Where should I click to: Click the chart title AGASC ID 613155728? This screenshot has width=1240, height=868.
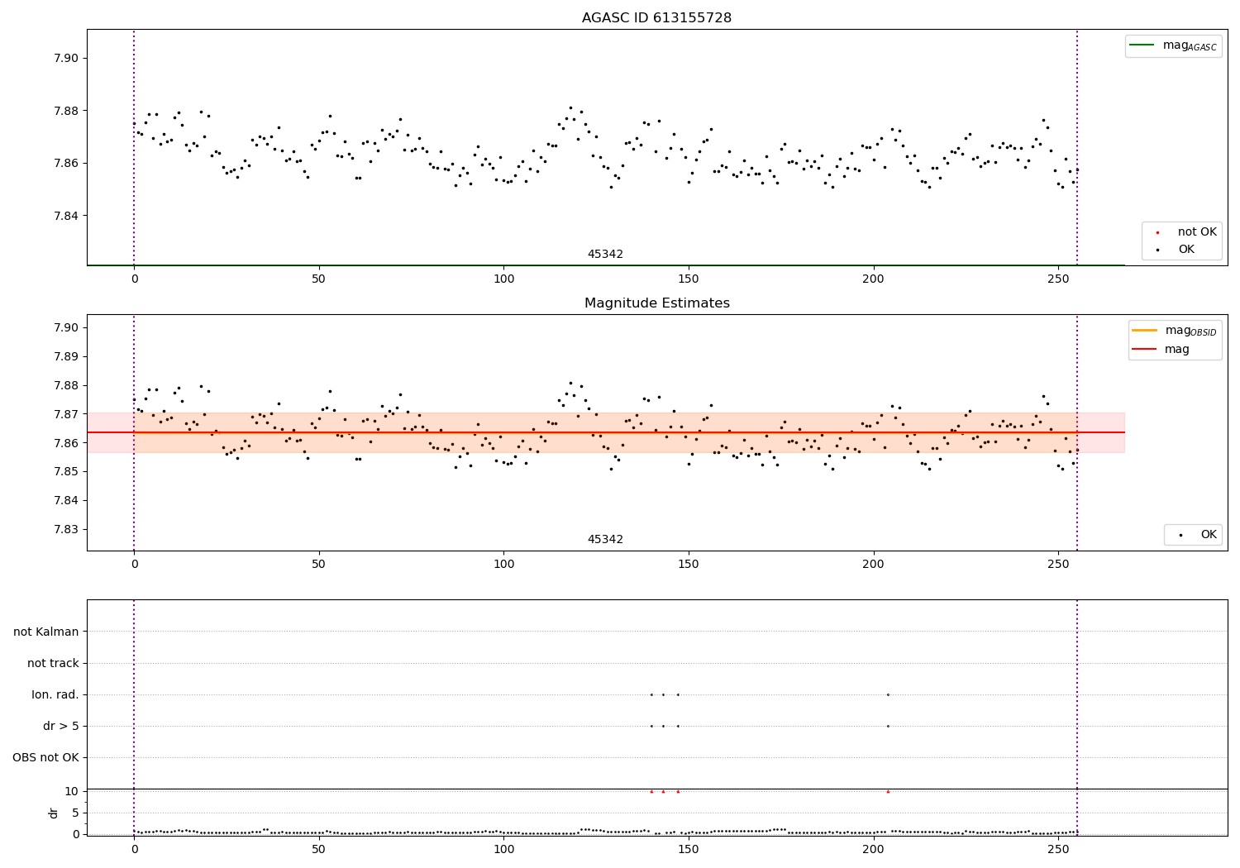656,18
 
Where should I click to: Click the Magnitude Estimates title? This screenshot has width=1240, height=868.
656,303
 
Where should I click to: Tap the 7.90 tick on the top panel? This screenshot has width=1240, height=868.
66,58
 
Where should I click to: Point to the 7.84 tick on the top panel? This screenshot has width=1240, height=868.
66,216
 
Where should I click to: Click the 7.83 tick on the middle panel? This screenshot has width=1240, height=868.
66,529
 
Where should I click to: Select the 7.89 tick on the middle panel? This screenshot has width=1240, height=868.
66,356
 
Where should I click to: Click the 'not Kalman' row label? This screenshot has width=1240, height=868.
46,632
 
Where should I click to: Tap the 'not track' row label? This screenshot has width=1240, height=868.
53,663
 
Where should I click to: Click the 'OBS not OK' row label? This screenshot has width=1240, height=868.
45,757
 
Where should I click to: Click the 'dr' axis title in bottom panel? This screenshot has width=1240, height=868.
54,813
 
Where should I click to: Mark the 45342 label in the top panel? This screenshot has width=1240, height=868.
605,255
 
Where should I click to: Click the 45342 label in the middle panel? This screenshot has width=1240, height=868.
605,540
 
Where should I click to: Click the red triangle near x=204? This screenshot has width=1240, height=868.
888,791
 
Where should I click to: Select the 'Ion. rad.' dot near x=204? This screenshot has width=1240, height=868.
888,694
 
